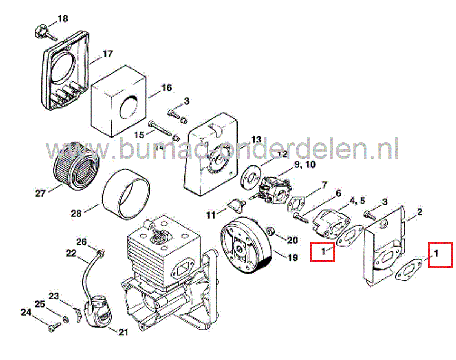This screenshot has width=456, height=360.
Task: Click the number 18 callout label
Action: [x=63, y=18]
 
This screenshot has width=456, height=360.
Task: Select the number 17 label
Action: [x=107, y=54]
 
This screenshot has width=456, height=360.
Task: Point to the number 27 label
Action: [x=40, y=194]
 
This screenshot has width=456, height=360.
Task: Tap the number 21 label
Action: [x=123, y=332]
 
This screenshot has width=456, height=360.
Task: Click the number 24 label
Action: [x=26, y=313]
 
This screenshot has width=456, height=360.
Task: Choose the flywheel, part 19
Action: [x=245, y=247]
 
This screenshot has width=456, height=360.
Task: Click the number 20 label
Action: [x=292, y=240]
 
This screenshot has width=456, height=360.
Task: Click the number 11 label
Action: [x=211, y=215]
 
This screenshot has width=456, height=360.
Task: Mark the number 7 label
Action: [x=324, y=185]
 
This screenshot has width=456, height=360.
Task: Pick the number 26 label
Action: [x=82, y=241]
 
